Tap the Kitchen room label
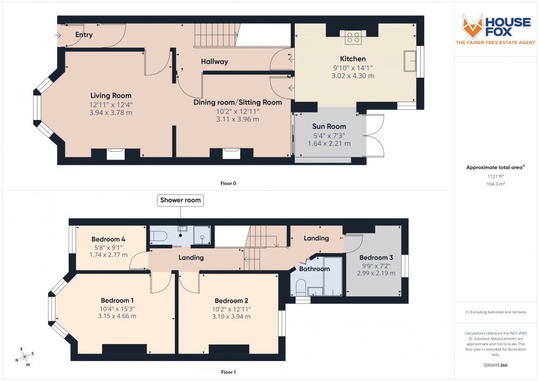pyautogui.click(x=352, y=59)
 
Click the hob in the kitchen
pyautogui.click(x=353, y=37)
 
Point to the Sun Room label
pyautogui.click(x=329, y=126)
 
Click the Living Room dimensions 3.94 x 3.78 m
pyautogui.click(x=110, y=112)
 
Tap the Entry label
pyautogui.click(x=84, y=35)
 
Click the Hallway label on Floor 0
pyautogui.click(x=214, y=62)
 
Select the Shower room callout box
pyautogui.click(x=181, y=201)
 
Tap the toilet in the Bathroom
pyautogui.click(x=301, y=288)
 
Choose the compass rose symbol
pyautogui.click(x=24, y=357)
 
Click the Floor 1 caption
pyautogui.click(x=229, y=372)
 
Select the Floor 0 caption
pyautogui.click(x=229, y=183)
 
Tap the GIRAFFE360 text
pyautogui.click(x=495, y=365)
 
